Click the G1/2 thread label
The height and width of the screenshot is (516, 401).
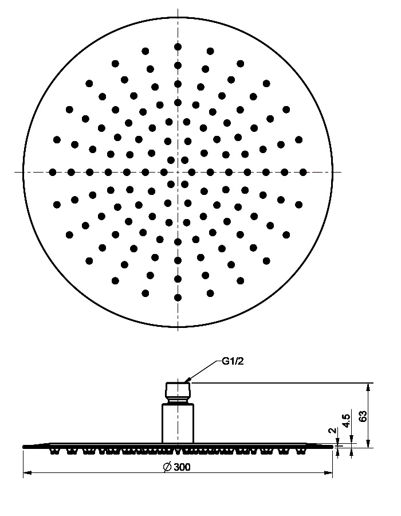click(233, 361)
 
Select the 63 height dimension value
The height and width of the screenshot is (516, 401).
click(363, 416)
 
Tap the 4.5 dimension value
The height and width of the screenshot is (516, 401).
click(346, 421)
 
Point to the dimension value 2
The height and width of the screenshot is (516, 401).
click(333, 431)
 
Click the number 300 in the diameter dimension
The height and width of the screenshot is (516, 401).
click(182, 467)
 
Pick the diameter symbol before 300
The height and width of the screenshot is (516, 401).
click(168, 467)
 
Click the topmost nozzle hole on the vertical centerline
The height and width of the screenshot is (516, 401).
click(178, 47)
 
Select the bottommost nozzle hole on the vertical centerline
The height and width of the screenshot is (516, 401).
click(178, 298)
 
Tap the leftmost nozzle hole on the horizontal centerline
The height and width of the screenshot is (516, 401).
click(53, 172)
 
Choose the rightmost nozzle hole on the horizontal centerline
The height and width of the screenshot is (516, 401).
click(303, 172)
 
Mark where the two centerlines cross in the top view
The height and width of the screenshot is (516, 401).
click(178, 172)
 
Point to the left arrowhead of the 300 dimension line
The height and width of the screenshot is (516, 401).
click(27, 473)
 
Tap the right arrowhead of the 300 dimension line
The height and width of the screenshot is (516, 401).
click(329, 473)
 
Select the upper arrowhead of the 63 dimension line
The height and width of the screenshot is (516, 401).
click(368, 387)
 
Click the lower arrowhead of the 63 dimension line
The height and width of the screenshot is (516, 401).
click(368, 444)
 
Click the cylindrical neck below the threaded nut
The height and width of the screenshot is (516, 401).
click(178, 424)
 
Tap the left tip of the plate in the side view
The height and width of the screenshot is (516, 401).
click(23, 447)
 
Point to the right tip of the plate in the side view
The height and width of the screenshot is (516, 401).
click(332, 447)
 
